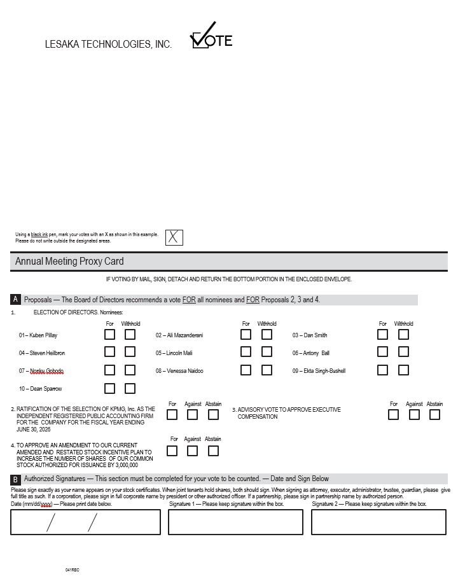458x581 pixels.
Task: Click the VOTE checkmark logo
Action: [x=211, y=38]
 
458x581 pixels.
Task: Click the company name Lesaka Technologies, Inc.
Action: [x=108, y=45]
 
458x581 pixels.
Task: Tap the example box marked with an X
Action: [x=174, y=237]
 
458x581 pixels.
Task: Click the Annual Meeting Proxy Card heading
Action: [x=69, y=262]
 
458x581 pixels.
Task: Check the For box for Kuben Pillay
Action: [x=110, y=334]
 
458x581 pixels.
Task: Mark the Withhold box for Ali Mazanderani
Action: [x=267, y=334]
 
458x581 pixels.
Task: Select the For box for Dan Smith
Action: [x=382, y=334]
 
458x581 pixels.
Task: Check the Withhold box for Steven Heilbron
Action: [x=130, y=352]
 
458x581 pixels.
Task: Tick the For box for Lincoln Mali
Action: [x=246, y=352]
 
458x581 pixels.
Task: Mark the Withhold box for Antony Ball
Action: [x=403, y=352]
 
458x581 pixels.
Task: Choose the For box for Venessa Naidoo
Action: [x=246, y=370]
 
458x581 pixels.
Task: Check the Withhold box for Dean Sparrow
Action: [x=130, y=388]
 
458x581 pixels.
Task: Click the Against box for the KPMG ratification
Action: [x=192, y=415]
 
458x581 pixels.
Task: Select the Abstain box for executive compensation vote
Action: [x=434, y=415]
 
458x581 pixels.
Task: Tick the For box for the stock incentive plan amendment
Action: [x=172, y=451]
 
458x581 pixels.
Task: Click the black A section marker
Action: [x=16, y=299]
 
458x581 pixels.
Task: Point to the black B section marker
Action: [x=16, y=479]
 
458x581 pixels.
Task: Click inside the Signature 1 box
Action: [x=235, y=522]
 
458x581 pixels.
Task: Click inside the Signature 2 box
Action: [x=378, y=522]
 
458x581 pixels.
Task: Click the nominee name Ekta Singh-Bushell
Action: [x=321, y=371]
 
